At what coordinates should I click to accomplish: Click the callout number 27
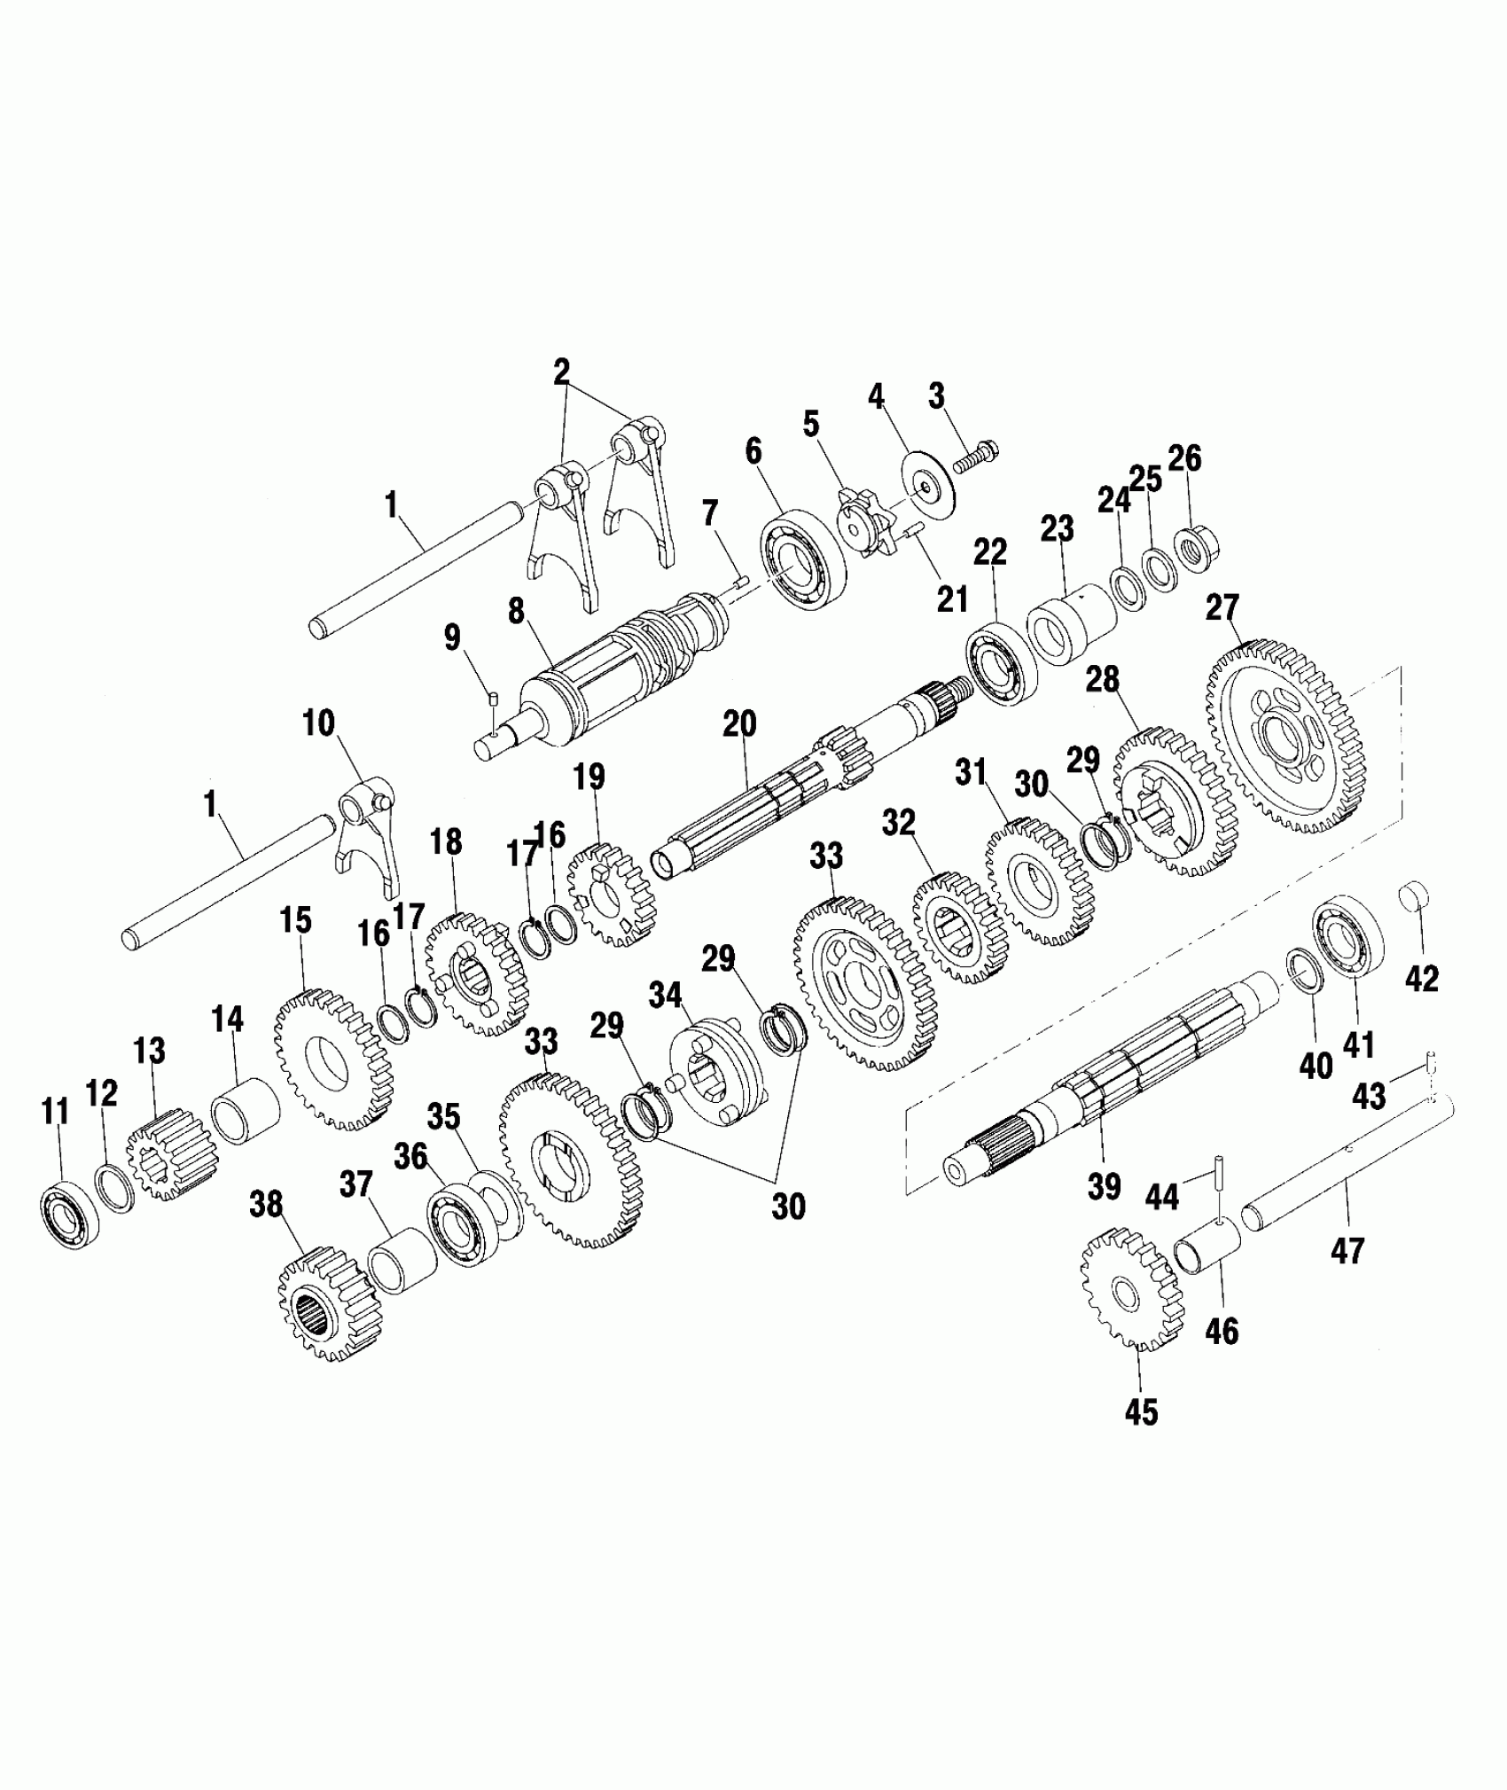[1222, 610]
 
